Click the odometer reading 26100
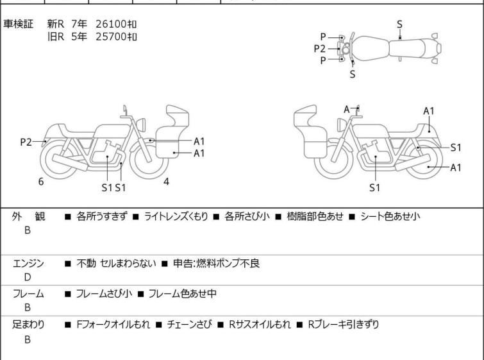(x=112, y=24)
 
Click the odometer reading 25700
(x=112, y=37)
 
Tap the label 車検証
(x=18, y=24)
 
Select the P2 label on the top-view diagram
(x=319, y=49)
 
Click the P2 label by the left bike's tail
(x=26, y=142)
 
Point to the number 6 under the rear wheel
(x=41, y=182)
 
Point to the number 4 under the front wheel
(x=166, y=182)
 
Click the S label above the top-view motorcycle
(x=399, y=24)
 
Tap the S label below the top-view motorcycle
(x=353, y=74)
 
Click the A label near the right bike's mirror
(x=347, y=109)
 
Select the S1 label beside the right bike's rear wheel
(x=456, y=148)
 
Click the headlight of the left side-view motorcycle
(x=141, y=124)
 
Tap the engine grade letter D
(x=28, y=277)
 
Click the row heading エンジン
(x=28, y=263)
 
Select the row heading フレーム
(x=28, y=293)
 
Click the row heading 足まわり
(x=28, y=325)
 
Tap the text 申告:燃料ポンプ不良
(x=217, y=263)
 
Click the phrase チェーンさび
(x=190, y=325)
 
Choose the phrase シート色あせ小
(x=390, y=216)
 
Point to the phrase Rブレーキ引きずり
(x=343, y=325)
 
